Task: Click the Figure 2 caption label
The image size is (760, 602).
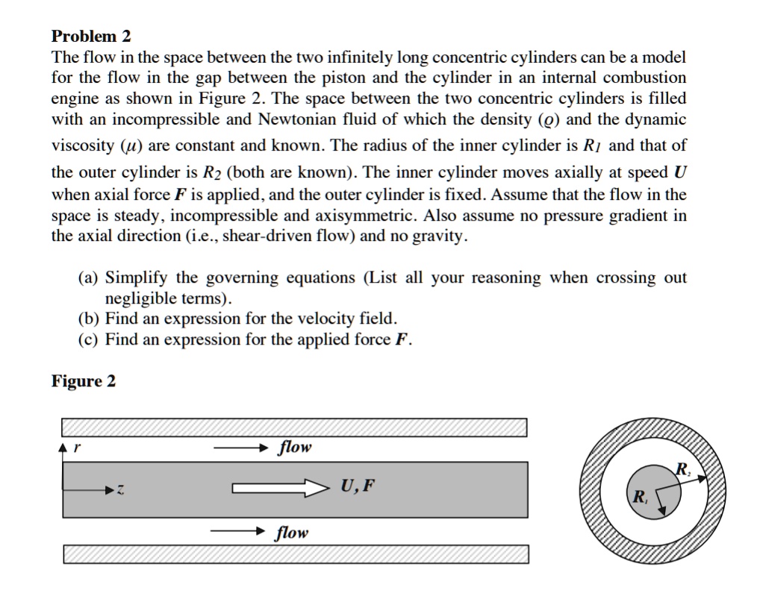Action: pos(84,381)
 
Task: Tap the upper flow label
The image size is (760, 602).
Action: pos(294,448)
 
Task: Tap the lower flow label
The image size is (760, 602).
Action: pos(291,533)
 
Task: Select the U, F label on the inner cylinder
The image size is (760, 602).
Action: pos(358,488)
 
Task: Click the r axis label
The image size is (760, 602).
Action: pos(77,448)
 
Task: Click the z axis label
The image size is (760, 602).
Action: pos(120,491)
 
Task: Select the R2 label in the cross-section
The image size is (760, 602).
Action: pos(682,468)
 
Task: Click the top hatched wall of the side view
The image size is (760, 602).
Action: pos(295,427)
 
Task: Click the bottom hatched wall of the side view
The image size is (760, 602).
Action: pos(295,554)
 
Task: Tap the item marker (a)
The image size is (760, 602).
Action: pos(89,278)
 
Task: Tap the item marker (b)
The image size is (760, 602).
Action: pos(89,319)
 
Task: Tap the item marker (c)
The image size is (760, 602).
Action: pos(89,340)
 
